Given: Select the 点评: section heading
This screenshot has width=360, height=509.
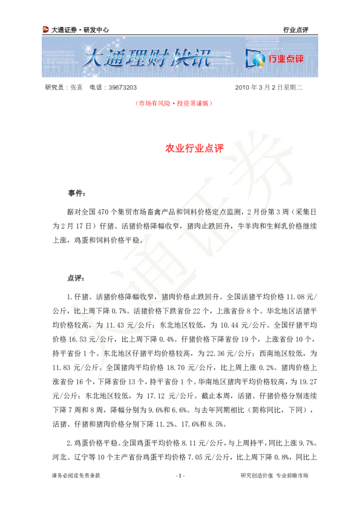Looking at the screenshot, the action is click(x=76, y=279).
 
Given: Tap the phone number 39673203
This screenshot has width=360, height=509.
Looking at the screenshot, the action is click(x=122, y=88).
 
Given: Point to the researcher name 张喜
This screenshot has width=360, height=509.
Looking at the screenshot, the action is click(x=77, y=88).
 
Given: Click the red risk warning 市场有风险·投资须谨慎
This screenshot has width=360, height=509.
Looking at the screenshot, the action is click(x=174, y=103).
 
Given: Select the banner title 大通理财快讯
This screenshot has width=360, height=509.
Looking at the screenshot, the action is click(x=147, y=58).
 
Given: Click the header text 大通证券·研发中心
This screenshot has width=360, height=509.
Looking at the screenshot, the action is click(x=80, y=30).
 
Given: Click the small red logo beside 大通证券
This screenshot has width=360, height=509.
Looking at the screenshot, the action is click(x=45, y=30).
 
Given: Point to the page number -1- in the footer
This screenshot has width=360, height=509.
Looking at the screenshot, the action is click(x=180, y=476).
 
